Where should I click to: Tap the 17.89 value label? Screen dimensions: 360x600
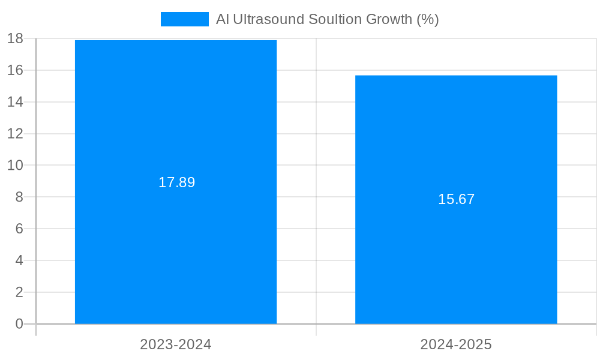click(x=176, y=182)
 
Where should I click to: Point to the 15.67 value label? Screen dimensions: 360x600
click(x=456, y=199)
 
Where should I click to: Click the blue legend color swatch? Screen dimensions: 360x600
click(x=184, y=19)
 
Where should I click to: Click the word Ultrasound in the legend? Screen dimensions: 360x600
click(x=268, y=19)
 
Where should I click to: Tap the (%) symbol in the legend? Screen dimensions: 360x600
click(x=428, y=19)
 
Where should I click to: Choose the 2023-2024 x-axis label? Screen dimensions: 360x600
click(x=176, y=344)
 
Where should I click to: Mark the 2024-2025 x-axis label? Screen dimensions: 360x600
click(x=456, y=344)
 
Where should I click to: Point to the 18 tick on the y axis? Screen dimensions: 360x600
click(x=15, y=39)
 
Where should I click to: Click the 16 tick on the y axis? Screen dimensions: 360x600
click(x=15, y=70)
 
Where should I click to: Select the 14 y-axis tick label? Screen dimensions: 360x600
click(x=15, y=102)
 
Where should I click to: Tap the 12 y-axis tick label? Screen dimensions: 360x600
click(x=15, y=134)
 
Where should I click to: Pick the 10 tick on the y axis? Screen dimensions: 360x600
click(x=15, y=165)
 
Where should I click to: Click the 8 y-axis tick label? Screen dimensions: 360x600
click(x=19, y=197)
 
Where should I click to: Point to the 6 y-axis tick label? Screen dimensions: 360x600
click(x=19, y=229)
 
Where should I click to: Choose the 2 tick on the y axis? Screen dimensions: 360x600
click(x=19, y=292)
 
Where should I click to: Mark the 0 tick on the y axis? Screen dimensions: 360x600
click(x=19, y=324)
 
